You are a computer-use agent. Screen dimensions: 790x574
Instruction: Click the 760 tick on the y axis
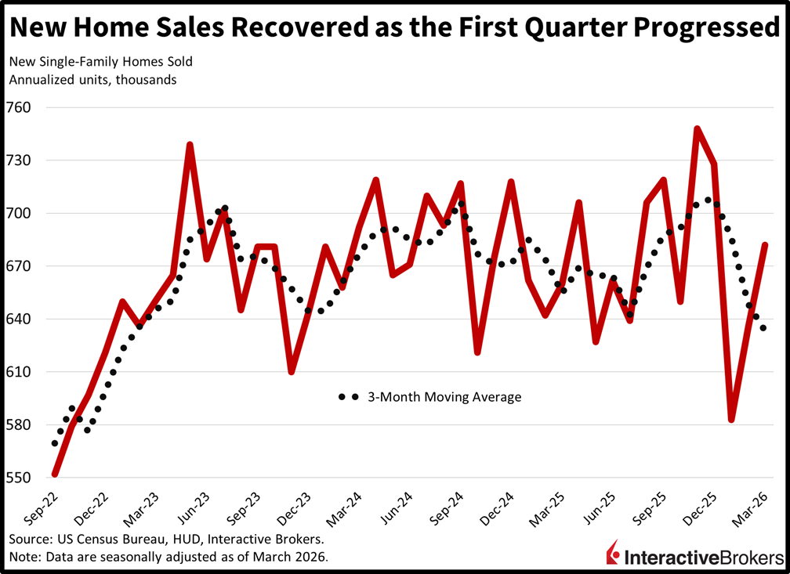18,107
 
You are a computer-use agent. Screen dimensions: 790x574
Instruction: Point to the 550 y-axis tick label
18,478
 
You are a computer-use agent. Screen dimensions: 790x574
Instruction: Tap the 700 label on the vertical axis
18,213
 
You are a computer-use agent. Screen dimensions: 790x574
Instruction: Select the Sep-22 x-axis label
42,508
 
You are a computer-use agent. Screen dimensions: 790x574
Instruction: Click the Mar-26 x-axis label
751,508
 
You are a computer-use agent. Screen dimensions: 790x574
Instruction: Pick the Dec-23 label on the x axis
295,508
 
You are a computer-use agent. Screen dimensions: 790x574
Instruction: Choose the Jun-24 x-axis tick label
397,508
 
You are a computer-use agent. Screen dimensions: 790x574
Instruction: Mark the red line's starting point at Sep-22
55,475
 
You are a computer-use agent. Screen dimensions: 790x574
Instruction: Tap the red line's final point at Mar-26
765,245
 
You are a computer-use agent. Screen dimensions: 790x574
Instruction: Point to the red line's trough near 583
731,419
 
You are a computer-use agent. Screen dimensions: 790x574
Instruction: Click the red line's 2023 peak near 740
190,145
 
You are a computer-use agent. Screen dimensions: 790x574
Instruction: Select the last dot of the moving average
763,328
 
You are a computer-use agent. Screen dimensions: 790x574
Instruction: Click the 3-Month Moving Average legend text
444,397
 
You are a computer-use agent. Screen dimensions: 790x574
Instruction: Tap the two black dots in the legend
348,397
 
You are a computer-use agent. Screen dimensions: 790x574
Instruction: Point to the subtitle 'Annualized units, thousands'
92,80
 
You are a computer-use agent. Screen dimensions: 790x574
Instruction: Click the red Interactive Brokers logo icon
613,552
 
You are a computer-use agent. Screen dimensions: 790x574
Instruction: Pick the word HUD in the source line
187,540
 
